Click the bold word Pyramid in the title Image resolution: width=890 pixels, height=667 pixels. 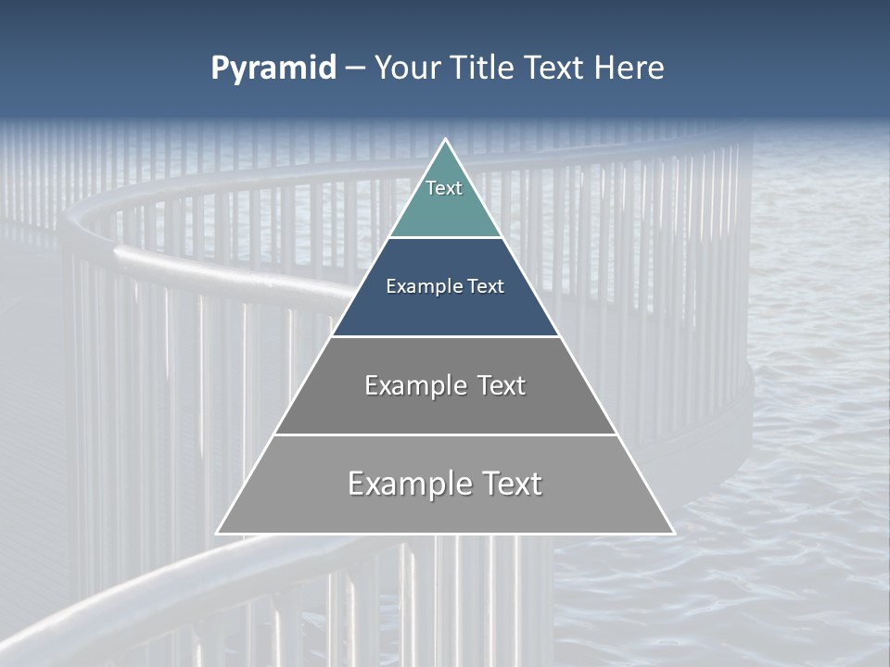(x=273, y=69)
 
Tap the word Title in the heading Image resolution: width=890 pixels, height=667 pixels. (x=481, y=69)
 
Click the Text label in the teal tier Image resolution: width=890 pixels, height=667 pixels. (x=444, y=188)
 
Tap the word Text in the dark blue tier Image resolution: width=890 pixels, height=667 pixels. (x=485, y=287)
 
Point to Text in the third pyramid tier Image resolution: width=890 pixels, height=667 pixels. (x=501, y=385)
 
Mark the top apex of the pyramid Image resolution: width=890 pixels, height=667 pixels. (x=445, y=140)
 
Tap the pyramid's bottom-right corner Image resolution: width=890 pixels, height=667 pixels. (x=673, y=533)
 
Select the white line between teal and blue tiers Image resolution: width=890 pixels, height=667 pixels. (x=445, y=237)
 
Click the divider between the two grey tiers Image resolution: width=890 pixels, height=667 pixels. (x=445, y=434)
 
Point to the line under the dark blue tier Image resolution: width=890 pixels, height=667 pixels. (x=445, y=336)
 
